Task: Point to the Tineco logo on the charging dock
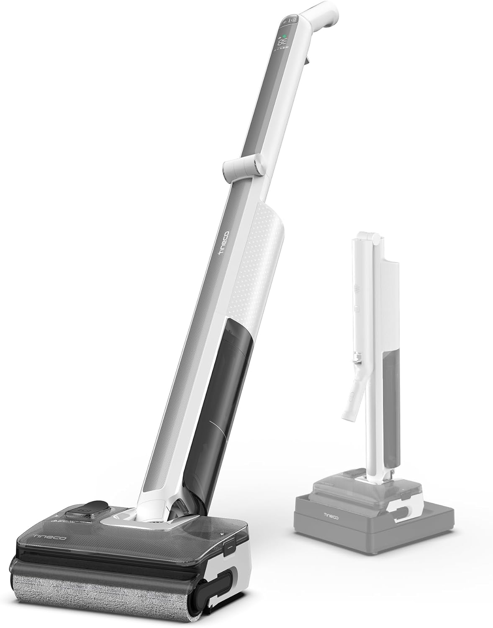pyautogui.click(x=321, y=513)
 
